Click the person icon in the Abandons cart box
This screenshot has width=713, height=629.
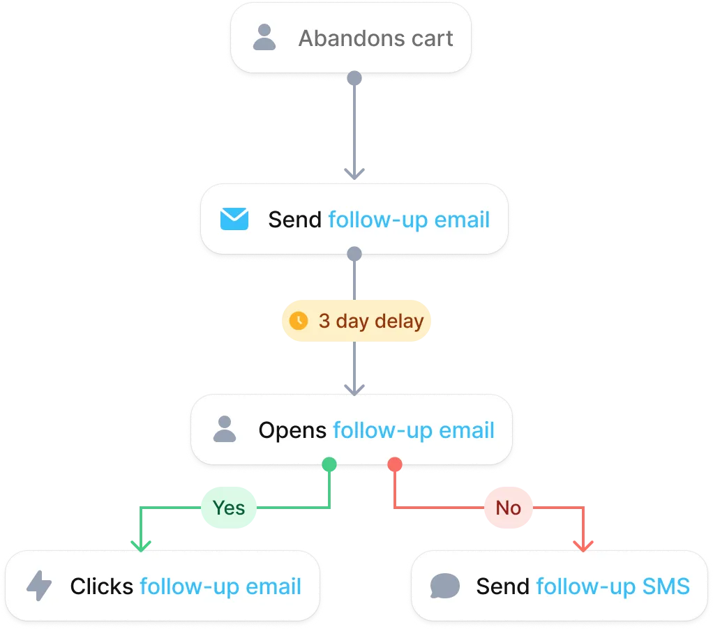pos(264,38)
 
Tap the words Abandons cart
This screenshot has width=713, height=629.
pos(376,38)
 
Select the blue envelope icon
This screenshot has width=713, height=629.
pos(234,220)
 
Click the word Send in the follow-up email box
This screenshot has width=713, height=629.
pos(295,220)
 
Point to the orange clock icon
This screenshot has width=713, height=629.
pos(299,321)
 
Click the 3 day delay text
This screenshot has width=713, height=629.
pos(371,321)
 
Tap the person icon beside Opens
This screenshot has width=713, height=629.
pos(224,430)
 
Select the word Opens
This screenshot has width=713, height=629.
pos(292,430)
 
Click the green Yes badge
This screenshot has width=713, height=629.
pos(229,508)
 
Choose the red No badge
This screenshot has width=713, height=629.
pos(508,508)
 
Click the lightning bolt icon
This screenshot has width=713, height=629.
pos(39,586)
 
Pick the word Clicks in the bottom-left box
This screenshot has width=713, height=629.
pos(102,586)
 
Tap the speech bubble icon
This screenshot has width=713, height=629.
pos(444,586)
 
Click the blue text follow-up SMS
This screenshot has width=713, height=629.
pos(613,586)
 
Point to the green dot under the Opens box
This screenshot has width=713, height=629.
pos(329,464)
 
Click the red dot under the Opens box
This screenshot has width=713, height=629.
pos(395,464)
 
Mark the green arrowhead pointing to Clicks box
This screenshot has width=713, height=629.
pos(141,544)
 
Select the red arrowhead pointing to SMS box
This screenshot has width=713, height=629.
pos(583,544)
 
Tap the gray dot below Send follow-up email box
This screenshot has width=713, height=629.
pos(354,254)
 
